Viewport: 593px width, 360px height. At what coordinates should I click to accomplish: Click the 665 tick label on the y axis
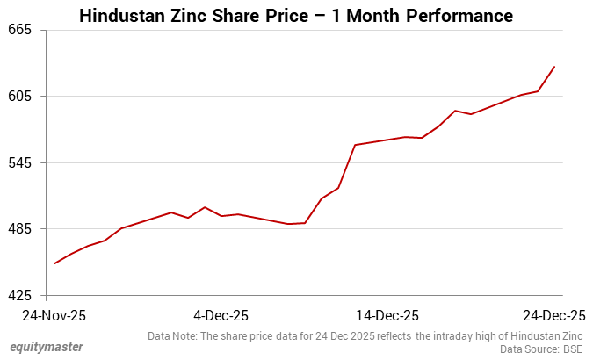[19, 30]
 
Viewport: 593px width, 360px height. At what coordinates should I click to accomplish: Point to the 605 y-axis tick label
[19, 97]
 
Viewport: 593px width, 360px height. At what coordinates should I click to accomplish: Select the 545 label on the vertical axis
[19, 163]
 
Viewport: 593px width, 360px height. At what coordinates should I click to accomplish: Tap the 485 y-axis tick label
[19, 229]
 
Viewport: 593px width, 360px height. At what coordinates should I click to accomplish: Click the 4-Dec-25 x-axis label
[213, 315]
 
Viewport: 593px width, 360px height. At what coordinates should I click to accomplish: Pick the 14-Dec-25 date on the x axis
[380, 315]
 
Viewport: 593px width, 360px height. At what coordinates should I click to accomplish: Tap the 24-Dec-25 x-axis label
[546, 315]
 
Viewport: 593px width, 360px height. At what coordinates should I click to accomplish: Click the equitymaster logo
[47, 347]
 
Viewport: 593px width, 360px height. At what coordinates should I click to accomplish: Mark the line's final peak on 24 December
[554, 67]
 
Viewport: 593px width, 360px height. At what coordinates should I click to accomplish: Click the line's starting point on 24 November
[54, 263]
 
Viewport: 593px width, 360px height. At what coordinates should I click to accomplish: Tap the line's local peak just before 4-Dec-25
[205, 207]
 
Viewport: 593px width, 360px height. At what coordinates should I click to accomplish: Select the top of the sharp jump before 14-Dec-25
[354, 145]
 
